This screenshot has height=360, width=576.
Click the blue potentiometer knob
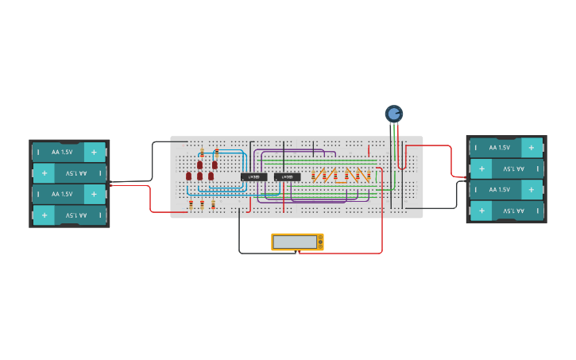394,114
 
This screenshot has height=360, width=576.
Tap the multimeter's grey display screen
295,242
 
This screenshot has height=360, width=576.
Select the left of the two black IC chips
254,176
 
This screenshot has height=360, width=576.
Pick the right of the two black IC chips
288,176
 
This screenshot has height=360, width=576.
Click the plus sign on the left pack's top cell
94,152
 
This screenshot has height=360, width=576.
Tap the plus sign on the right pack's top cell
531,147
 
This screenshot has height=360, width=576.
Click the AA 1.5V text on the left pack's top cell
62,152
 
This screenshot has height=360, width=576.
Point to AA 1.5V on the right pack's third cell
500,190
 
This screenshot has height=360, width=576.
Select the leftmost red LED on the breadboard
188,176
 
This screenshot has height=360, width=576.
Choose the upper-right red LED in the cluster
215,165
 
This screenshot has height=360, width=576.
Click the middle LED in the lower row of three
199,176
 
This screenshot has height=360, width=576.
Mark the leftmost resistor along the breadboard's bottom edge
191,205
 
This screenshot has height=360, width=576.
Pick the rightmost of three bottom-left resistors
213,205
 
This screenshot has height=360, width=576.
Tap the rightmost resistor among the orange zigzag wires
369,175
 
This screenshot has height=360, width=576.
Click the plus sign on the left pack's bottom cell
44,215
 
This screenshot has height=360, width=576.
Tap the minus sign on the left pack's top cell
37,152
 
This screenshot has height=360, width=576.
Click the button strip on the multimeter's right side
320,242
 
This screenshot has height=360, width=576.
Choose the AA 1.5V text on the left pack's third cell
62,194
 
